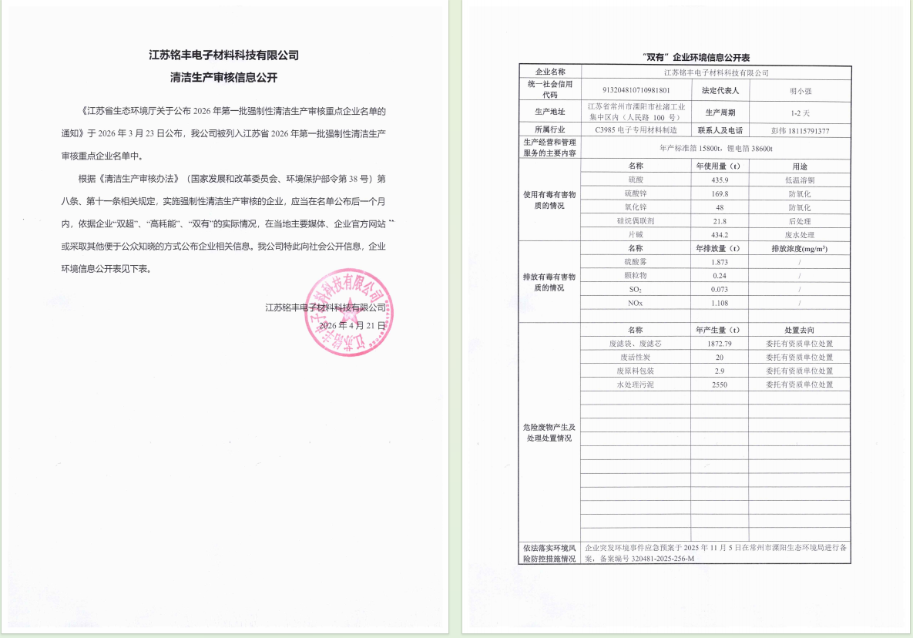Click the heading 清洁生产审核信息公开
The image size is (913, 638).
point(223,78)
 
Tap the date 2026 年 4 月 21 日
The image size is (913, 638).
point(352,325)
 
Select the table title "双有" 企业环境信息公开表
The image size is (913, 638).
point(686,58)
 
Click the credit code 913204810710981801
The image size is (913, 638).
point(636,90)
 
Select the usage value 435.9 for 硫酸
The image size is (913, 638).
point(720,180)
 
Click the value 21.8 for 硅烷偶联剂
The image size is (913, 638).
point(720,221)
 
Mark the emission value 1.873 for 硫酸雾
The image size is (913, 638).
point(720,262)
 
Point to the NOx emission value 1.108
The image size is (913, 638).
point(720,303)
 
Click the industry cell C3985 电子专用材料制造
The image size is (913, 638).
point(636,131)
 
